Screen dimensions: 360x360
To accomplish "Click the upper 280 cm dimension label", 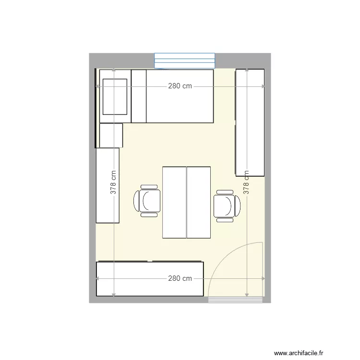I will click(180, 86).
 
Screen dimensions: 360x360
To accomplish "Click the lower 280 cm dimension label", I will click(180, 278).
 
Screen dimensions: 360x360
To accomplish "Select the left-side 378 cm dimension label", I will click(113, 182).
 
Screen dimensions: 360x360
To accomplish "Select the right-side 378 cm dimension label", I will click(246, 182).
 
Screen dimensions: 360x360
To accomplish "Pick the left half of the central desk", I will click(174, 202).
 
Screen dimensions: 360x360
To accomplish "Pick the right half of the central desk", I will click(198, 202).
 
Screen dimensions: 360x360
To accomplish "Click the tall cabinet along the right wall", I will click(250, 122).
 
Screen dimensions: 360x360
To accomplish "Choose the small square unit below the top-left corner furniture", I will click(111, 135).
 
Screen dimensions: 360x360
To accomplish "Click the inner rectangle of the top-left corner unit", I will click(115, 97).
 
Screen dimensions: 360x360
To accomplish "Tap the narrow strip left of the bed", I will click(139, 96).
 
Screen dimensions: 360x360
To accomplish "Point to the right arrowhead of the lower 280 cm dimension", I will click(263, 278).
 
